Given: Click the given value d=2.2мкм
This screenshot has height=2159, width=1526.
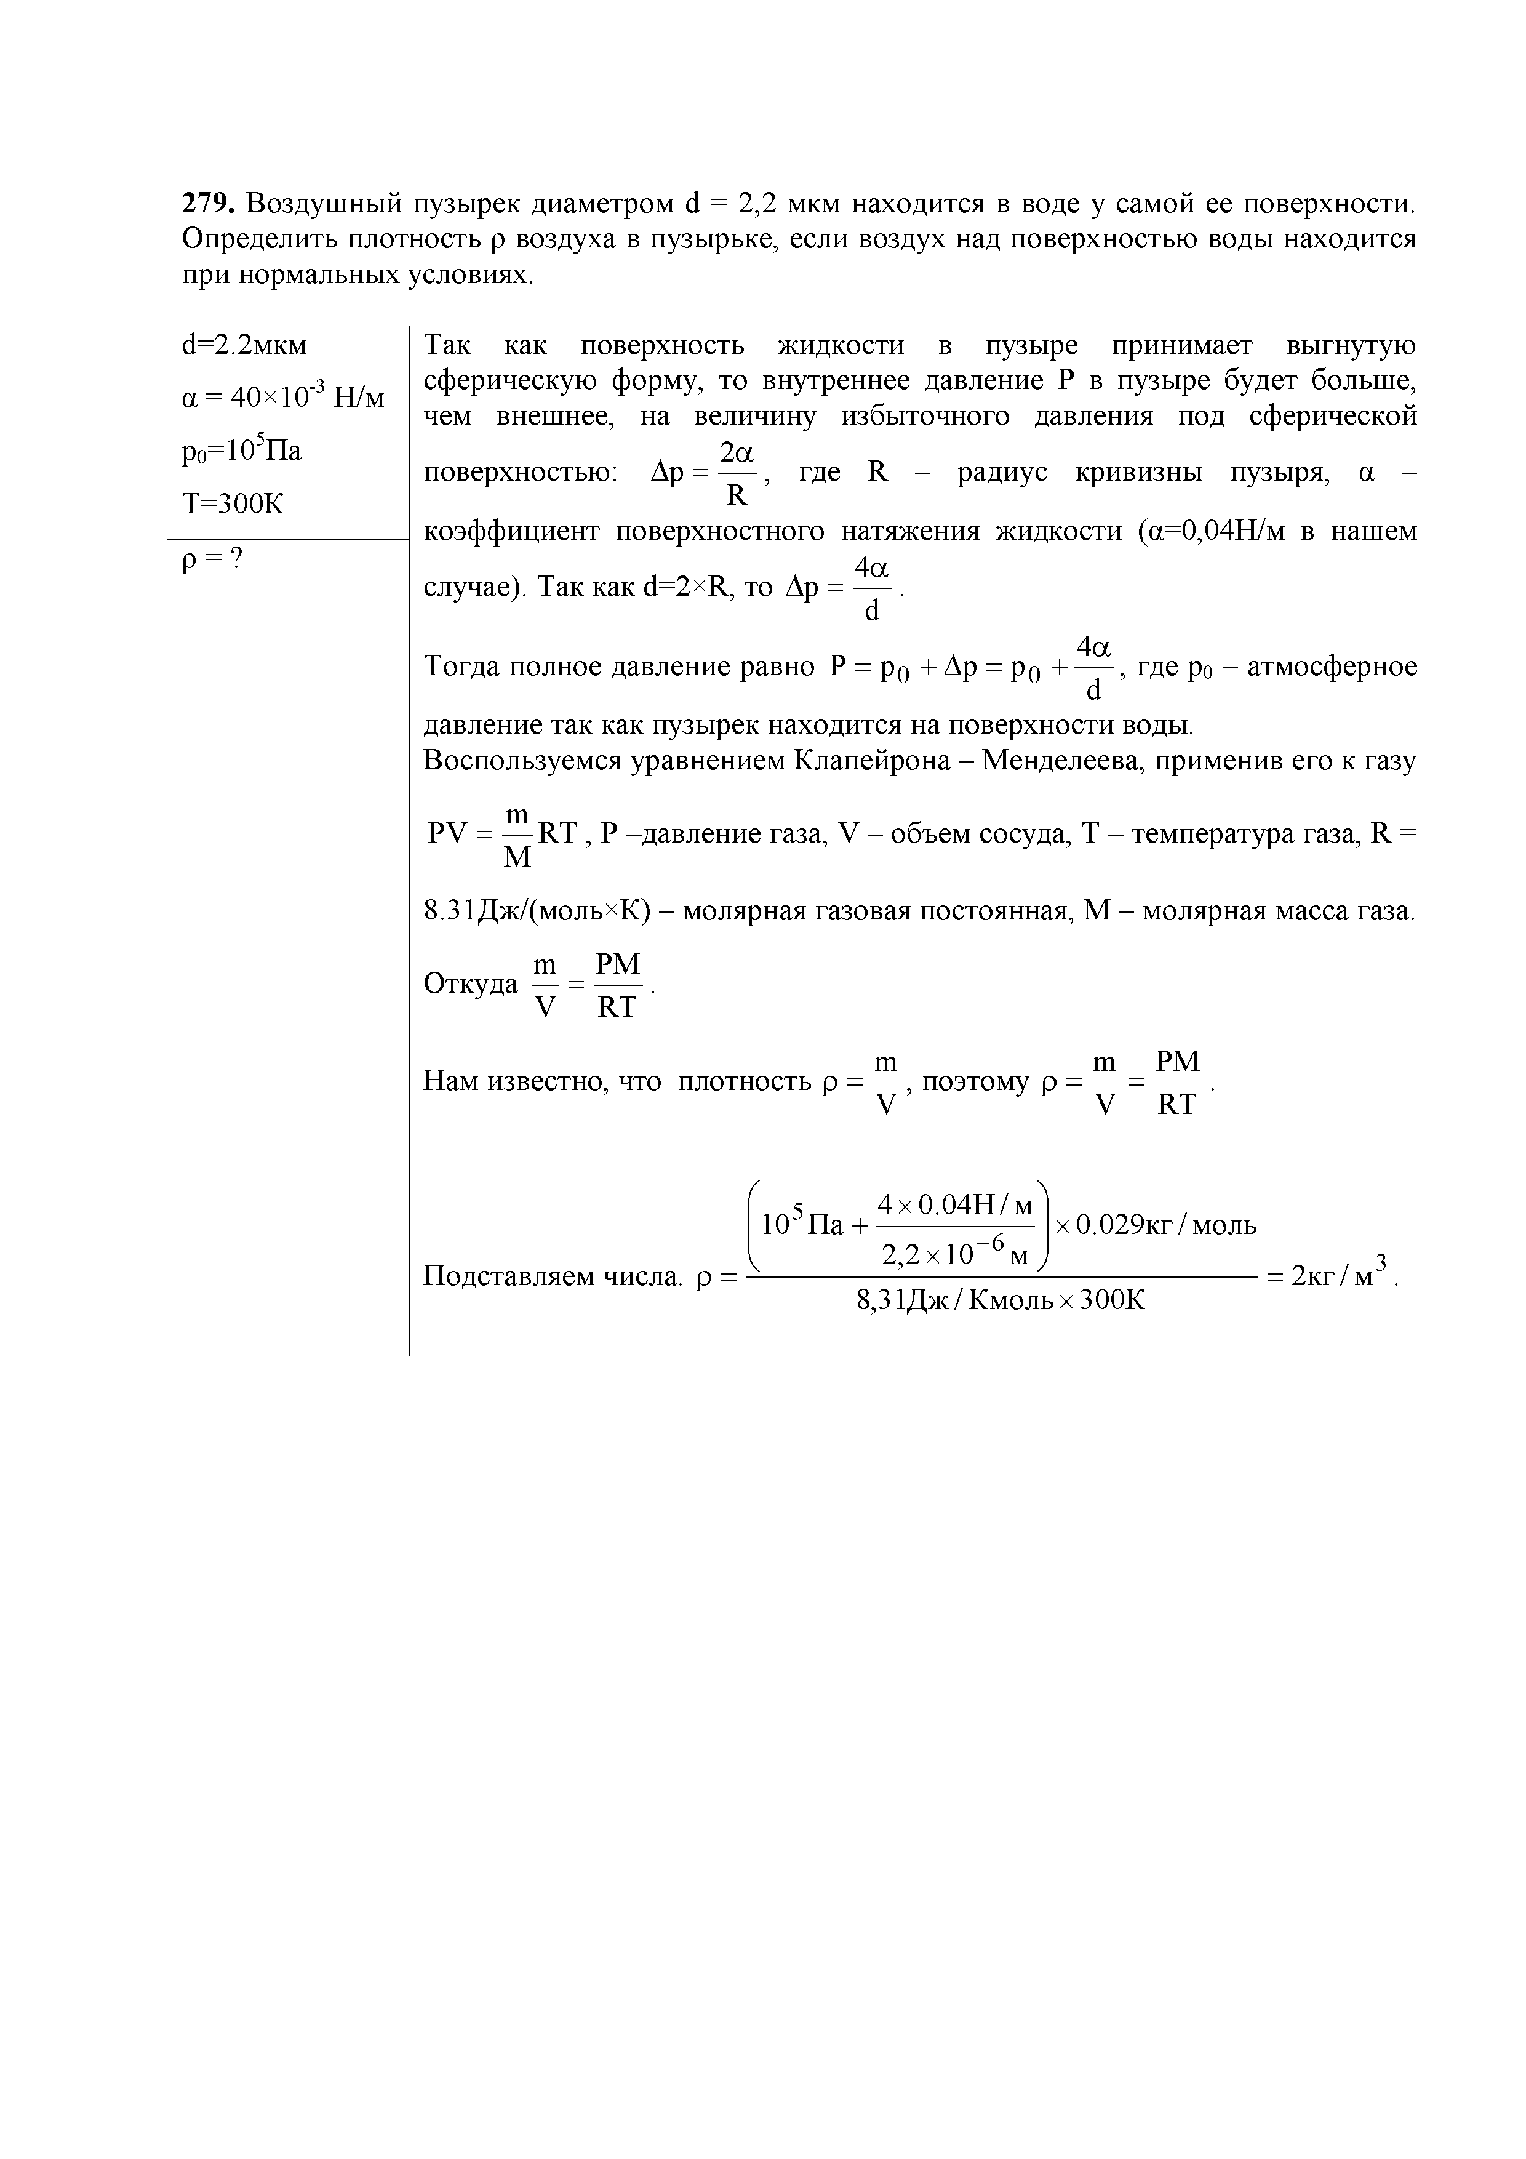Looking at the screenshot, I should [244, 345].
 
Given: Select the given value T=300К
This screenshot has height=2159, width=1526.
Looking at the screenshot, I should [232, 504].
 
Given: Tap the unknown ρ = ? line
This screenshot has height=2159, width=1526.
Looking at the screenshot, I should [212, 559].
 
